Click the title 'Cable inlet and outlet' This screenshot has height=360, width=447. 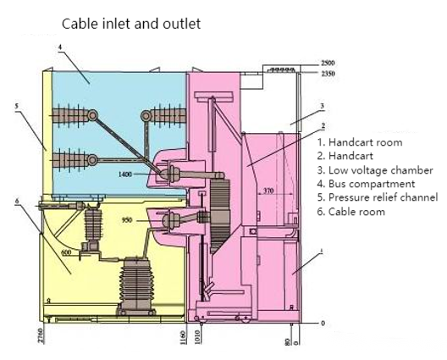pyautogui.click(x=131, y=24)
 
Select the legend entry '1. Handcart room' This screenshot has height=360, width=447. pyautogui.click(x=360, y=142)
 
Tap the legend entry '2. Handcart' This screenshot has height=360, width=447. pyautogui.click(x=345, y=156)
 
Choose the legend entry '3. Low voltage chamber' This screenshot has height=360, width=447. pyautogui.click(x=375, y=170)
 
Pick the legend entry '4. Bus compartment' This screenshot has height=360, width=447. pyautogui.click(x=366, y=184)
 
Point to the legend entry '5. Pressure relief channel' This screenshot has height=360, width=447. pyautogui.click(x=378, y=197)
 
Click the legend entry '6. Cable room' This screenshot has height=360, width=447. pyautogui.click(x=351, y=212)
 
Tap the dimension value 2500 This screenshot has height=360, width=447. pyautogui.click(x=328, y=63)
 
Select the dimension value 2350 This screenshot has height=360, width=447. pyautogui.click(x=328, y=74)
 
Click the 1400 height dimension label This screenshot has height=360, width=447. pyautogui.click(x=125, y=174)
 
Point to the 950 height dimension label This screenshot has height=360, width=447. pyautogui.click(x=127, y=220)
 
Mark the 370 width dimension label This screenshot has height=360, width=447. pyautogui.click(x=268, y=191)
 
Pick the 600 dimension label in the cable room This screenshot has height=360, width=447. pyautogui.click(x=66, y=252)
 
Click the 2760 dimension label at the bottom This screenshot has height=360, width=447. pyautogui.click(x=41, y=335)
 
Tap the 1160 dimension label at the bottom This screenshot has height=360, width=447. pyautogui.click(x=183, y=337)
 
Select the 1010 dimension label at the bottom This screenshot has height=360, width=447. pyautogui.click(x=198, y=337)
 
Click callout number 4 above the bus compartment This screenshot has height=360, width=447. pyautogui.click(x=60, y=47)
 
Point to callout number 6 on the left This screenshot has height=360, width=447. pyautogui.click(x=17, y=201)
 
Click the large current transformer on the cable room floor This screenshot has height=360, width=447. pyautogui.click(x=136, y=285)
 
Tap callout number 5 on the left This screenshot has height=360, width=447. pyautogui.click(x=17, y=106)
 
